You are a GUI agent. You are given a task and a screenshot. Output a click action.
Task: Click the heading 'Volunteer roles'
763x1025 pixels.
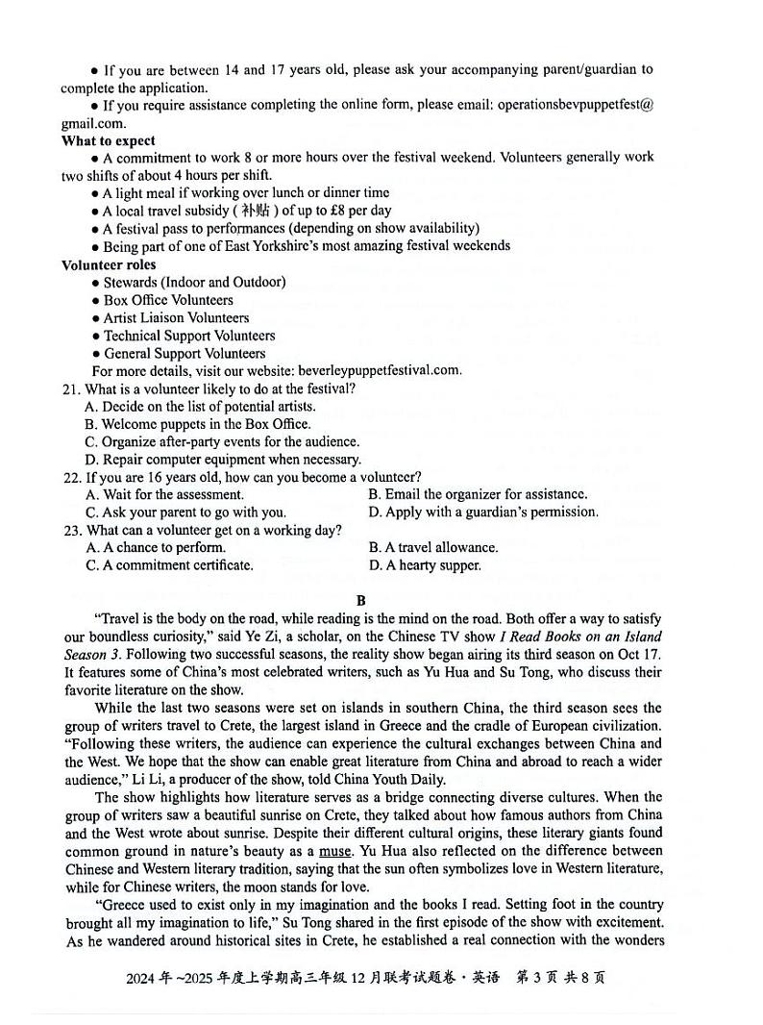click(109, 264)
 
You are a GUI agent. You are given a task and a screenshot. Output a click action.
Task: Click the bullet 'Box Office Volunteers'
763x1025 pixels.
click(167, 300)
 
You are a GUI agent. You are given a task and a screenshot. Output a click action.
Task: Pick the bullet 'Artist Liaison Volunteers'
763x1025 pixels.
click(176, 318)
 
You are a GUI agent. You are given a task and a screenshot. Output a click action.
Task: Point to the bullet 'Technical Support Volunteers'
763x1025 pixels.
click(188, 336)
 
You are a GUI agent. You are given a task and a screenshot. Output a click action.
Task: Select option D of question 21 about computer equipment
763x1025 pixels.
click(209, 460)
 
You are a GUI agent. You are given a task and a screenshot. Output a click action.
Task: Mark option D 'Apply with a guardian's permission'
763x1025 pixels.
click(483, 512)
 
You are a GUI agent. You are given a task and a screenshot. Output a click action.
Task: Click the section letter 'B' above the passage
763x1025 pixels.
click(361, 601)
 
